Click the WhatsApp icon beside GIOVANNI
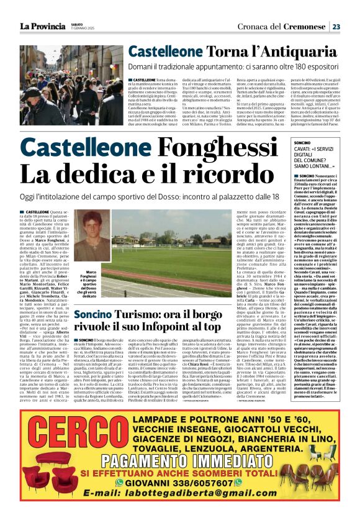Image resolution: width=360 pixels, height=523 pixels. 128,500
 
